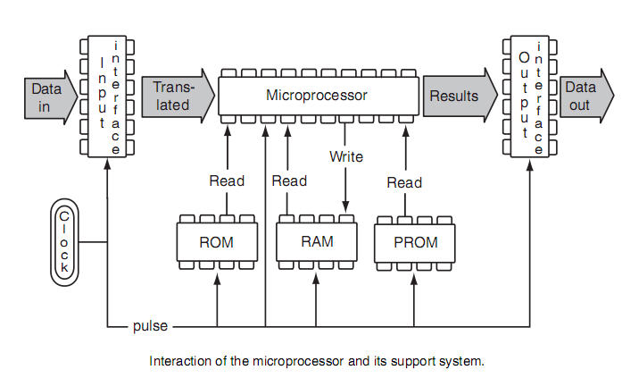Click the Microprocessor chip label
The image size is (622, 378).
coord(317,94)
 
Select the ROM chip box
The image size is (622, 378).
coord(218,240)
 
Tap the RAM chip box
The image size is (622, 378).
coord(317,240)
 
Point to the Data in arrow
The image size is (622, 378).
coord(44,97)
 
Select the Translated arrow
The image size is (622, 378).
coord(177,96)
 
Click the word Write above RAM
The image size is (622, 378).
coord(346,156)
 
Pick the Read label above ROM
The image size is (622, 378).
coord(227,181)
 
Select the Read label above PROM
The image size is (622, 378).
coord(404,182)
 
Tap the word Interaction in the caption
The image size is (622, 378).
coord(178,361)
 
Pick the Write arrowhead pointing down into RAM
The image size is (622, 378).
coord(346,210)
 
